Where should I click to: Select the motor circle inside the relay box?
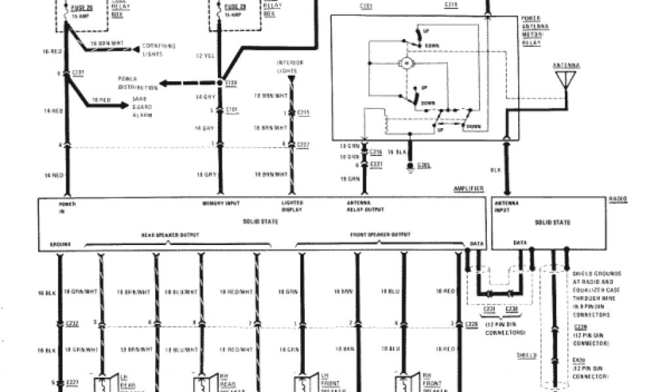[405, 63]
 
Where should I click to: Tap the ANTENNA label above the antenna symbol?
[566, 65]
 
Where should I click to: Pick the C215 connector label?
[303, 113]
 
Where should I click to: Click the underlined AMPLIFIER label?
[468, 189]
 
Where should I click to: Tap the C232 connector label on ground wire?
[72, 322]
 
